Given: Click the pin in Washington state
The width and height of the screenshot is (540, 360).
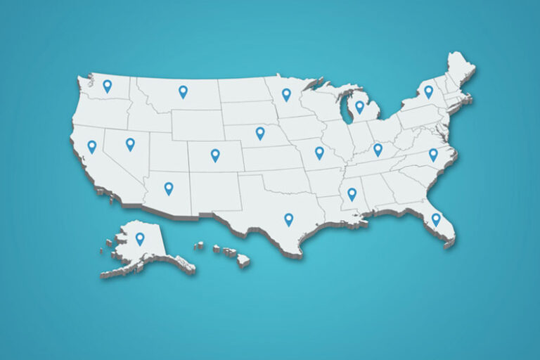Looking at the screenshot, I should tap(107, 86).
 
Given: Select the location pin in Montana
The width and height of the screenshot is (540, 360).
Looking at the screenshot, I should tap(183, 91).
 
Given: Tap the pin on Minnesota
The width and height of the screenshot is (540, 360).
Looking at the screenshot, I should tap(286, 94).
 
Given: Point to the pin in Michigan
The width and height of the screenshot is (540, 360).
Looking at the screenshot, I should tap(359, 106).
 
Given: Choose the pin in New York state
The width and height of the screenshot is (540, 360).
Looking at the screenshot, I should tap(428, 91).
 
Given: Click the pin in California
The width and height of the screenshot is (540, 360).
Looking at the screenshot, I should tap(91, 146).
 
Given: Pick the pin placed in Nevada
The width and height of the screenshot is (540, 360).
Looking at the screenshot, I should tap(130, 143).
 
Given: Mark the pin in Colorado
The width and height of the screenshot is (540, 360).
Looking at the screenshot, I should tap(215, 155).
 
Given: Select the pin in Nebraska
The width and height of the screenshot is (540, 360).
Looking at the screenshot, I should tap(260, 132).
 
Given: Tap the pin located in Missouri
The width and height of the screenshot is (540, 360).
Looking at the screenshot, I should tap(319, 152).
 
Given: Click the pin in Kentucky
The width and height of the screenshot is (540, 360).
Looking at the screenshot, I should tap(378, 149).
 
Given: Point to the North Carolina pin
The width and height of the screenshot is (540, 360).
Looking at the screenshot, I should tap(433, 154).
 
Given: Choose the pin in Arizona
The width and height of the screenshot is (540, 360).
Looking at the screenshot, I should tap(169, 188).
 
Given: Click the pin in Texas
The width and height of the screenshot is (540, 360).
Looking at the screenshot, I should tap(288, 219).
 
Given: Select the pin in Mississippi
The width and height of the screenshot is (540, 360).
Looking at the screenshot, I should tap(352, 193).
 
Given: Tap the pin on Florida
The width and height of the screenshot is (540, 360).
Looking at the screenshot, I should tap(436, 219).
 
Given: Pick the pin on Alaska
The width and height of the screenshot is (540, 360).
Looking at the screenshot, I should tap(140, 238).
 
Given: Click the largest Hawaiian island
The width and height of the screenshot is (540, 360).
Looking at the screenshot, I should tap(243, 260).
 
